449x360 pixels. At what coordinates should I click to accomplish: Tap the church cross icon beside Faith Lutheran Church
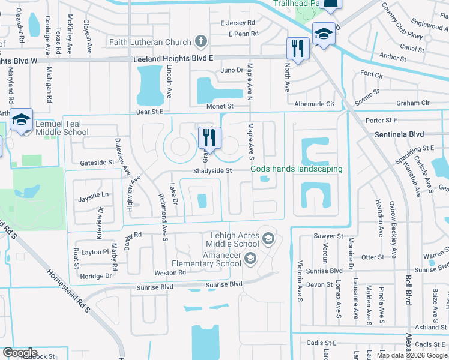click(201, 42)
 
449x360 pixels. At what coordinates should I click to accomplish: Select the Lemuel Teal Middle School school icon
click(21, 119)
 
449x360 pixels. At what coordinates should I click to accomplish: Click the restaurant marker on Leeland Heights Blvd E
click(297, 48)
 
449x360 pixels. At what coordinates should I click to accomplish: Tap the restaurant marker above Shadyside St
click(209, 137)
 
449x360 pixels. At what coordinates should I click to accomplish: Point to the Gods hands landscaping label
click(297, 169)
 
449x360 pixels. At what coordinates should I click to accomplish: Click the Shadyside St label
click(212, 170)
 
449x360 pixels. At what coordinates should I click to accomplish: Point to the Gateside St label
click(97, 163)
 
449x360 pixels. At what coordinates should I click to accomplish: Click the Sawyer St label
click(328, 236)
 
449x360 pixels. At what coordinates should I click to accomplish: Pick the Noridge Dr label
click(96, 276)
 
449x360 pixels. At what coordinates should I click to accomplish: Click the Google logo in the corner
click(20, 353)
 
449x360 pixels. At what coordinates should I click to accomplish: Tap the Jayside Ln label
click(94, 194)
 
